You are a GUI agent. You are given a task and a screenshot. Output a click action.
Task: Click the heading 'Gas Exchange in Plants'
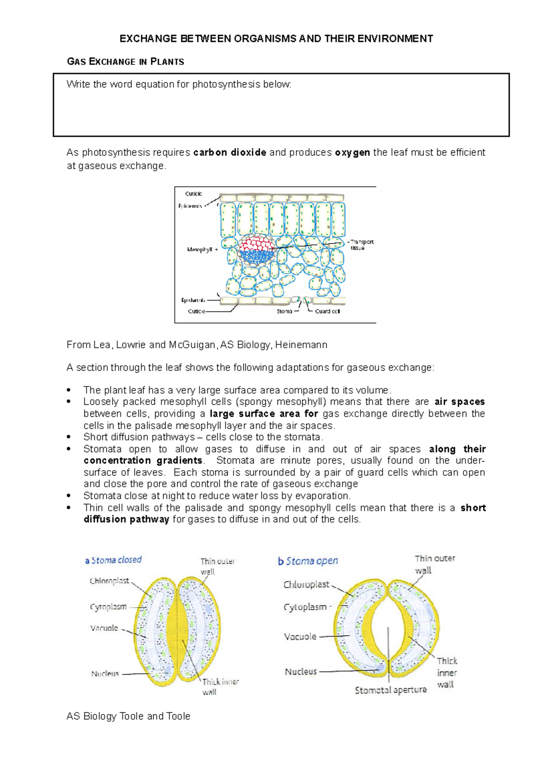click(x=125, y=62)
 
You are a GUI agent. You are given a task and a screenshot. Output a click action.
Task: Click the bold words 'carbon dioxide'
click(x=230, y=152)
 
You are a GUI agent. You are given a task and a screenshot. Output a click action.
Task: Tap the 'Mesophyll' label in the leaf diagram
click(x=199, y=249)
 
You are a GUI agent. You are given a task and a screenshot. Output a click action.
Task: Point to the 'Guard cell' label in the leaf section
click(x=327, y=311)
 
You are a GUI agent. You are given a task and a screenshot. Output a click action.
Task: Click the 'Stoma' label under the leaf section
click(x=284, y=311)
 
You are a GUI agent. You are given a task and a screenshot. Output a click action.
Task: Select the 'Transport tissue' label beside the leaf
click(x=361, y=245)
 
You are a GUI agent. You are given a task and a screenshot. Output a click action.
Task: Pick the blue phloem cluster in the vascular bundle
click(x=256, y=257)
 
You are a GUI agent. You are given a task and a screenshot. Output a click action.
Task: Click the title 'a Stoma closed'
click(x=113, y=560)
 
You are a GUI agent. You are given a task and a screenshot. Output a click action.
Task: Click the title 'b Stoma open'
click(x=308, y=561)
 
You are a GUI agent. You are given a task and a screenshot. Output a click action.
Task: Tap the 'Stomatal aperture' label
click(x=391, y=690)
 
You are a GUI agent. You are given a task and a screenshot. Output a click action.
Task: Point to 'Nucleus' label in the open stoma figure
click(x=300, y=672)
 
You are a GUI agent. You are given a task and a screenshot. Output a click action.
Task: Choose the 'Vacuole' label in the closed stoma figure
click(x=104, y=628)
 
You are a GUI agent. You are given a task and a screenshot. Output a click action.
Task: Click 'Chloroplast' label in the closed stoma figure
click(x=109, y=581)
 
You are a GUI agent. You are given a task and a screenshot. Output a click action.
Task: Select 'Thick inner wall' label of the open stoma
click(x=446, y=672)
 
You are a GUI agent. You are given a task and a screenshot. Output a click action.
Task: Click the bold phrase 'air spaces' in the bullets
click(x=459, y=402)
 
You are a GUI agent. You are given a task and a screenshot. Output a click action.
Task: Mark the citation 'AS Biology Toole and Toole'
click(x=128, y=716)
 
